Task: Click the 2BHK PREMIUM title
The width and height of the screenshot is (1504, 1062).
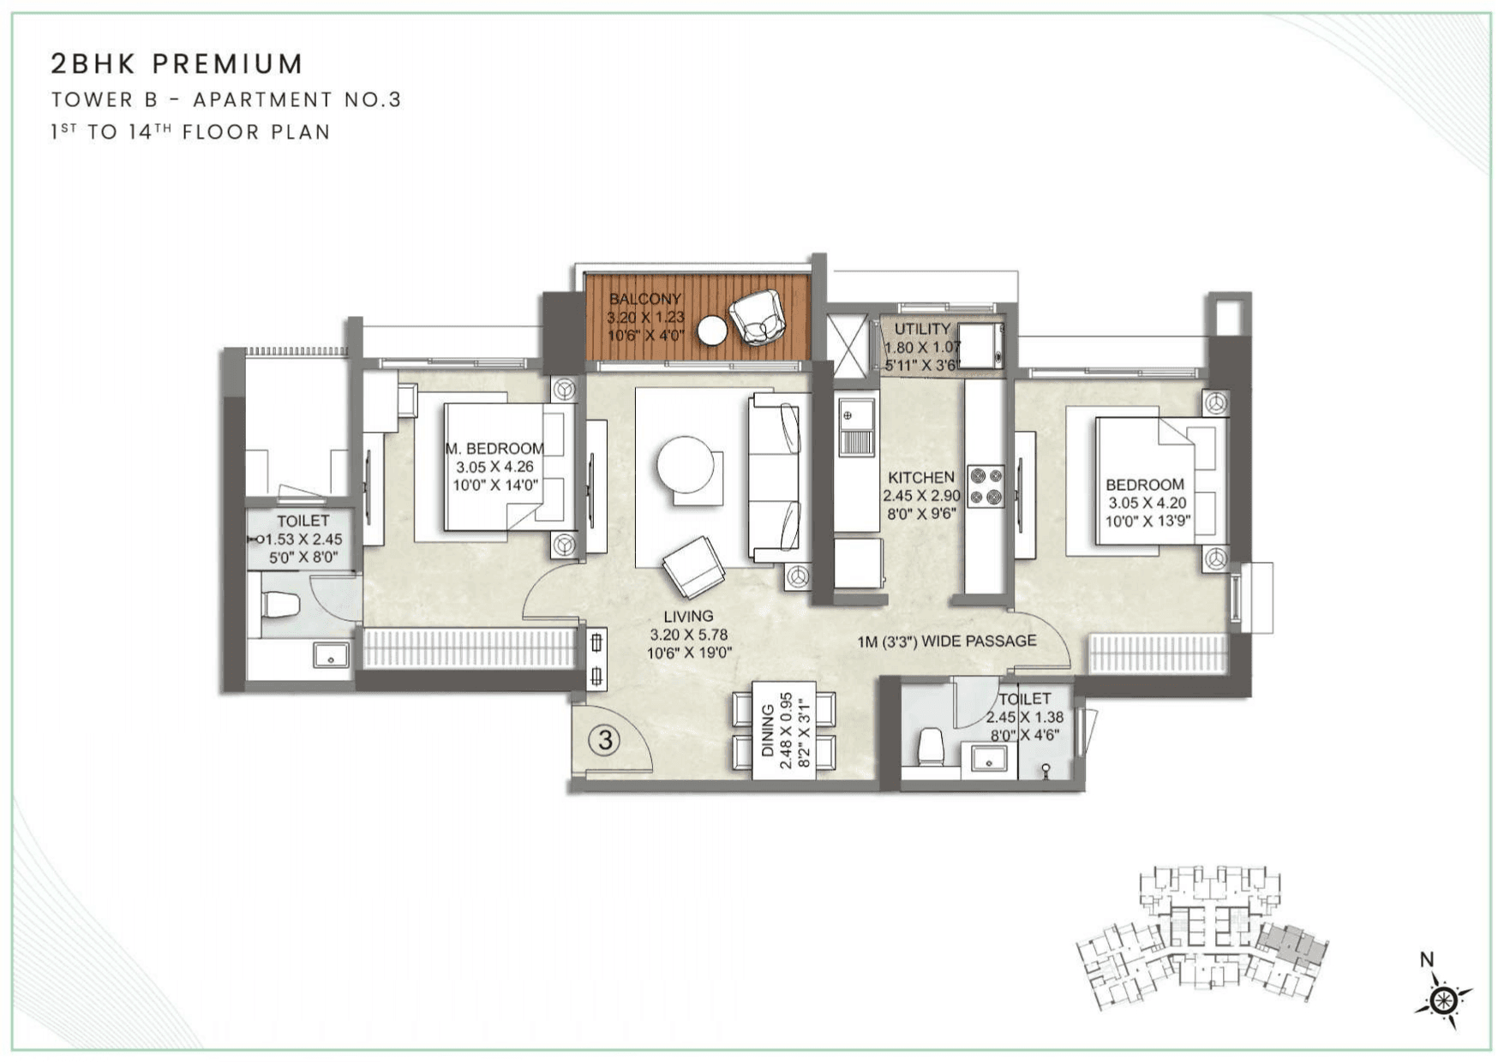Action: click(177, 64)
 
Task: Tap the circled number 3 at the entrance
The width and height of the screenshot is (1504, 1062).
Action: click(605, 739)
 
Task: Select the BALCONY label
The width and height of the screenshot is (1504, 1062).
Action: click(644, 299)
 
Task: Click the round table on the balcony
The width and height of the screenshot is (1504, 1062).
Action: click(712, 331)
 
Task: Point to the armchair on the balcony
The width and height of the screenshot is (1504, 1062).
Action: click(758, 317)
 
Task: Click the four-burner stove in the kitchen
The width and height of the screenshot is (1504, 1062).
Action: click(986, 486)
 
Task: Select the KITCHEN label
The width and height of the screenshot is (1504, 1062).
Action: click(920, 478)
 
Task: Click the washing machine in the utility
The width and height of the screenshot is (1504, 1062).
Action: click(980, 346)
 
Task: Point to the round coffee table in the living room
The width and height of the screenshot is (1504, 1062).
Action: click(685, 464)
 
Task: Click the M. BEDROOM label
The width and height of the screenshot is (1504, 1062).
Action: click(494, 449)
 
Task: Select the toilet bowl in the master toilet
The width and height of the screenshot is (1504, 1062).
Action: click(281, 605)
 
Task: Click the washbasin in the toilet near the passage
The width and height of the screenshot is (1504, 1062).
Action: click(990, 759)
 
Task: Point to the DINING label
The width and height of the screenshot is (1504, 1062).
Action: click(768, 731)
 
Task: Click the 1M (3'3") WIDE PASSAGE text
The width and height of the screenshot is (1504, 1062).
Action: click(946, 641)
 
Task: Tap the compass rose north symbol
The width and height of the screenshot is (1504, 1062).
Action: click(1444, 999)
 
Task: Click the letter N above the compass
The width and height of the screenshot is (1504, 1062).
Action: click(1427, 960)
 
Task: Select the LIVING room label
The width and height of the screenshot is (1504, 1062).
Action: click(688, 617)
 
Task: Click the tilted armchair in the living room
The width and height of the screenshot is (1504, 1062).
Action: click(693, 567)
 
